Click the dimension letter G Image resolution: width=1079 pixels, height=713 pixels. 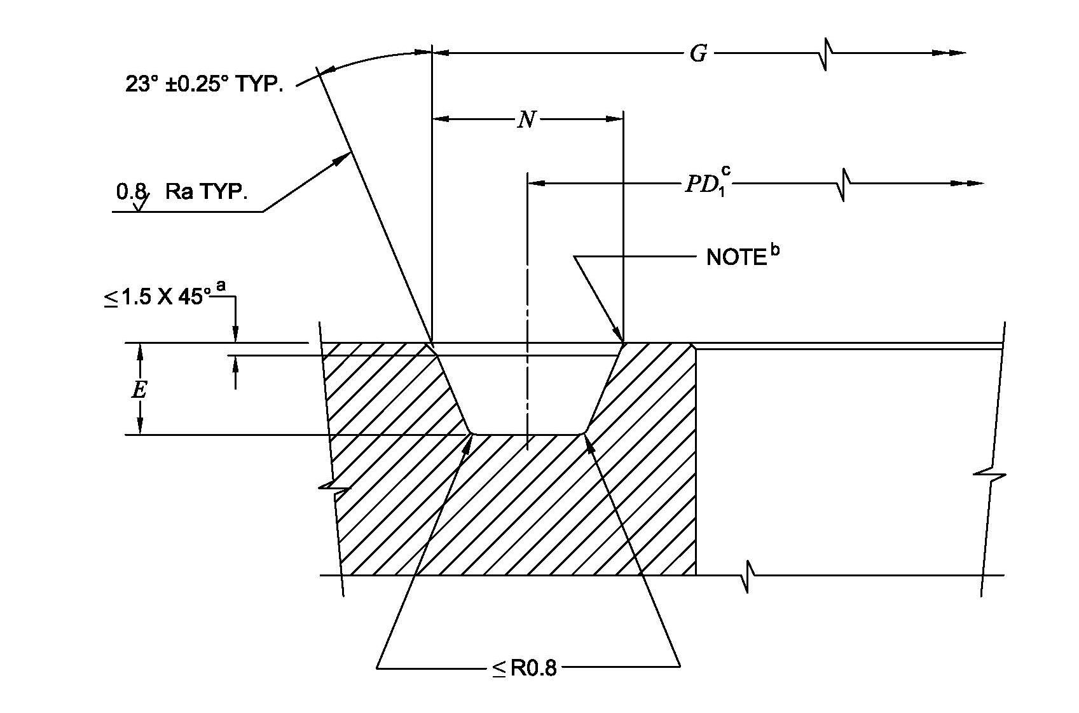(x=698, y=54)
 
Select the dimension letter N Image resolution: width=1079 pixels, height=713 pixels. (x=526, y=119)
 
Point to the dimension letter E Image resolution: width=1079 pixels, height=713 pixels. (x=139, y=389)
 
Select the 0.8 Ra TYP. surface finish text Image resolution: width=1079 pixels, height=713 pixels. (x=181, y=192)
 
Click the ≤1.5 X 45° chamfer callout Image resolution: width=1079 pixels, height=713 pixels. (x=156, y=297)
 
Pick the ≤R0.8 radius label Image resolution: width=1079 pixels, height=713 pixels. (x=525, y=668)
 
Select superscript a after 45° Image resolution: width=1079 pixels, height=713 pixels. (x=221, y=285)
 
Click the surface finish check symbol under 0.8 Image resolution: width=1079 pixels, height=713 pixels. (x=141, y=202)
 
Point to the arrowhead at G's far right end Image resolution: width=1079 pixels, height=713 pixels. (x=957, y=53)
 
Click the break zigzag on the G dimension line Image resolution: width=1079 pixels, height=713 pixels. (x=825, y=55)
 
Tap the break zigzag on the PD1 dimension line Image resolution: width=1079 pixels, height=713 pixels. (x=843, y=184)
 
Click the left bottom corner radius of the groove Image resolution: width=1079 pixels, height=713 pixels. (x=472, y=433)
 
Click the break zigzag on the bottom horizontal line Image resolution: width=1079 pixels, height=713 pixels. (x=747, y=576)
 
